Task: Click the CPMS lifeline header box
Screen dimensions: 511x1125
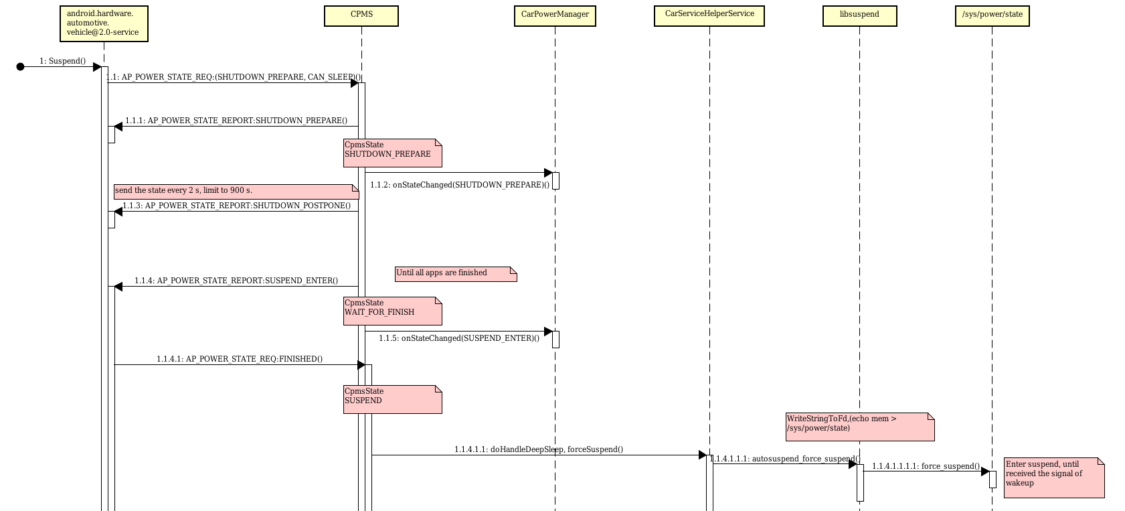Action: pos(361,16)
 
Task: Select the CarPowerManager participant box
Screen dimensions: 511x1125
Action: pos(555,16)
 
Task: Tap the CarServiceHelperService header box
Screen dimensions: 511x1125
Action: pos(709,16)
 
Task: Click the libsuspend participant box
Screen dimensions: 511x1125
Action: pos(859,16)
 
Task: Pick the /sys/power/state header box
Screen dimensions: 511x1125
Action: pos(992,16)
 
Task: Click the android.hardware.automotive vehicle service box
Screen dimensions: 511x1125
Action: pos(103,24)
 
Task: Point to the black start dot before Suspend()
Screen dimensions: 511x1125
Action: pos(20,66)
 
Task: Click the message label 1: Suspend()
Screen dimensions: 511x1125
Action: pos(62,61)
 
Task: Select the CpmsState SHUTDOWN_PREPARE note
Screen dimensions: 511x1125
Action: pos(392,153)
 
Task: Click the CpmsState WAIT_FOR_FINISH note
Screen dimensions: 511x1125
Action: pos(392,311)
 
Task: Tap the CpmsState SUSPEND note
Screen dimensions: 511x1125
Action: pos(392,399)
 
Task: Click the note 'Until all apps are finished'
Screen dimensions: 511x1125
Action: pos(455,274)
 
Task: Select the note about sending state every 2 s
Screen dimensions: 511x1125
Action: pos(236,192)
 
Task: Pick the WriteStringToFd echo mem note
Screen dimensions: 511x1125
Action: pos(859,427)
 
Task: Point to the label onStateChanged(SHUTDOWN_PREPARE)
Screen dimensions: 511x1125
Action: pos(459,185)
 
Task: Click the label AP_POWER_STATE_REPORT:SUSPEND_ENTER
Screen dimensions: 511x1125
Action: pos(236,281)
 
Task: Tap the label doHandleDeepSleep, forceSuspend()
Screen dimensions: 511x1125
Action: pos(538,449)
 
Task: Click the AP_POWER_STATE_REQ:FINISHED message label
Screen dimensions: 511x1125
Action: pos(239,359)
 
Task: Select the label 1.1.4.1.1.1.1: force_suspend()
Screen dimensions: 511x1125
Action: pos(926,466)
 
